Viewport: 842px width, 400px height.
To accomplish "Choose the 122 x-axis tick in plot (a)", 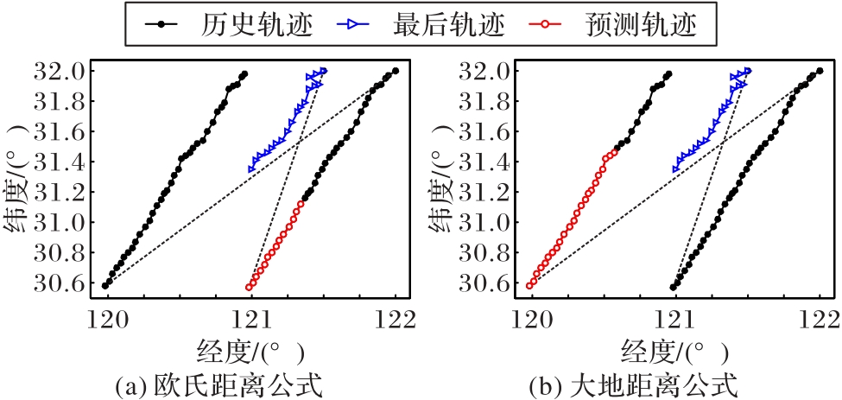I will (x=396, y=320).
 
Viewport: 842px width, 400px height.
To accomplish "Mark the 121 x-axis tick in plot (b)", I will (x=675, y=320).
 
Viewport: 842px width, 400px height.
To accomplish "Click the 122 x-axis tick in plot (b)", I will (x=819, y=320).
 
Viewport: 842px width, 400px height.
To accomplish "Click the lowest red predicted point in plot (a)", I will (x=250, y=287).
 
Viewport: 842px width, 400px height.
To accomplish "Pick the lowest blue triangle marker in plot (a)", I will (x=252, y=168).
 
